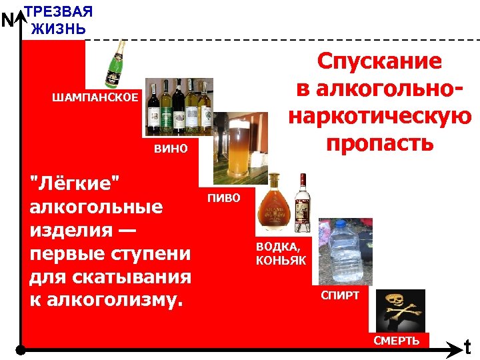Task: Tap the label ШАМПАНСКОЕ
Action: (95, 98)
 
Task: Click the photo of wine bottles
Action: (179, 106)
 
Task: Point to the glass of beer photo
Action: (236, 150)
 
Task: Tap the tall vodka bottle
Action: (303, 200)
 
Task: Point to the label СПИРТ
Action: (340, 295)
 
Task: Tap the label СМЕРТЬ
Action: (397, 341)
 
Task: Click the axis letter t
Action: (468, 347)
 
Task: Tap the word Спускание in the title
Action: (379, 61)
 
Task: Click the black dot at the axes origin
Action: (21, 349)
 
